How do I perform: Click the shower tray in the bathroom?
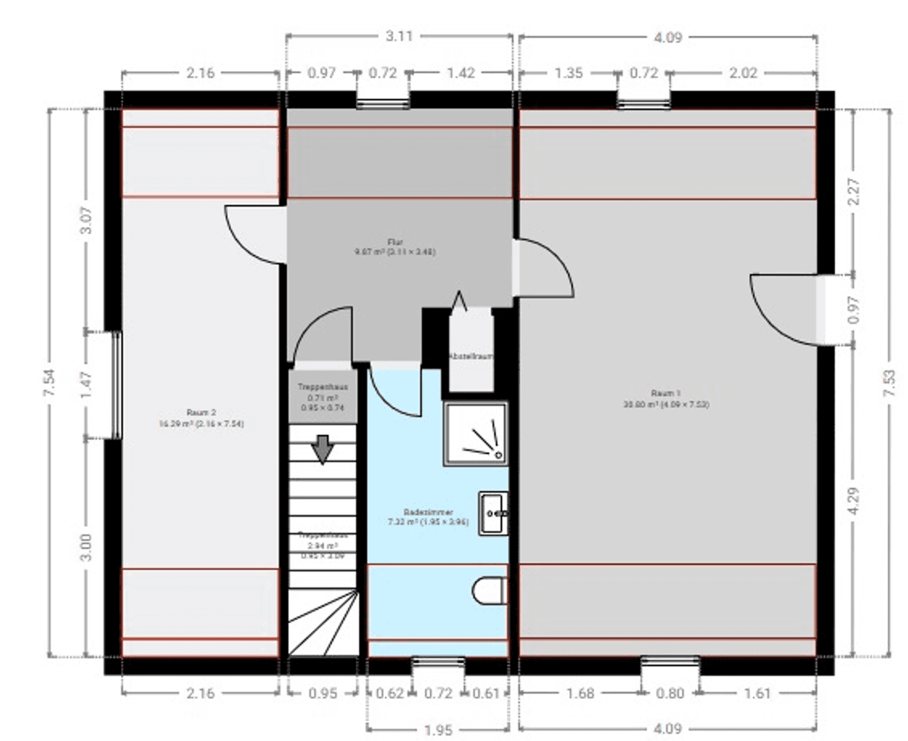[476, 434]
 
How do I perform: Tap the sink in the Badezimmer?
[493, 514]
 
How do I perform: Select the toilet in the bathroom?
[489, 591]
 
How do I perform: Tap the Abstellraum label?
[470, 355]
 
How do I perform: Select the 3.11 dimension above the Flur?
[399, 35]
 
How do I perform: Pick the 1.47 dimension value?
[87, 384]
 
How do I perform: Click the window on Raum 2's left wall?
[116, 385]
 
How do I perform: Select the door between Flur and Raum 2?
[256, 235]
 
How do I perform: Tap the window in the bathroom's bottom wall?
[437, 663]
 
